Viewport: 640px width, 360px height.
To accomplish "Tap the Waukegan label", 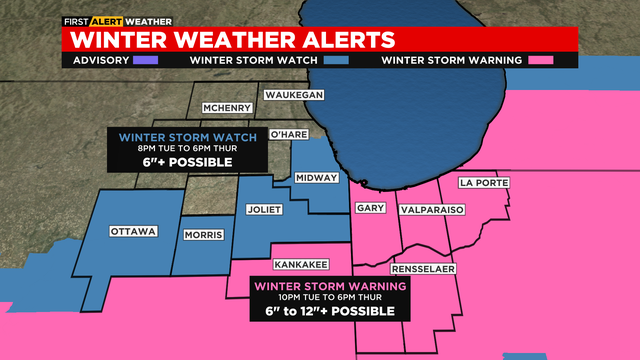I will click(x=294, y=95).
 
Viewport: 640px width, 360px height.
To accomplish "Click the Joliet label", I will click(x=264, y=210).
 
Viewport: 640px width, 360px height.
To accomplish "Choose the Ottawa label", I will click(x=133, y=232).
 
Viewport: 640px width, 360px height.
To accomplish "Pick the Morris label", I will click(x=203, y=236).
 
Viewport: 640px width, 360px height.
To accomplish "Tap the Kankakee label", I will click(x=301, y=265).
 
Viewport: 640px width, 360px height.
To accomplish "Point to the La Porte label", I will click(x=484, y=183).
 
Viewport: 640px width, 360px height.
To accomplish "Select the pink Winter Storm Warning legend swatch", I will click(x=542, y=60).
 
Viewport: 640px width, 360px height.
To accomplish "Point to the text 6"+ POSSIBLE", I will click(x=189, y=161).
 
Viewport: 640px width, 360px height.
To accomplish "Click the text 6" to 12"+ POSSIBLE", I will click(x=331, y=311).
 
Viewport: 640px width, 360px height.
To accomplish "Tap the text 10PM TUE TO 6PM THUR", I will click(x=331, y=297).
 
